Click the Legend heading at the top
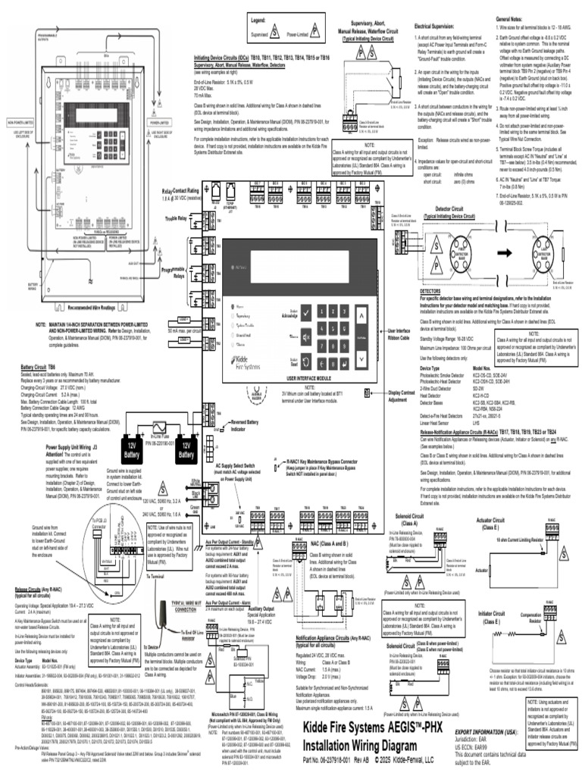(264, 22)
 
